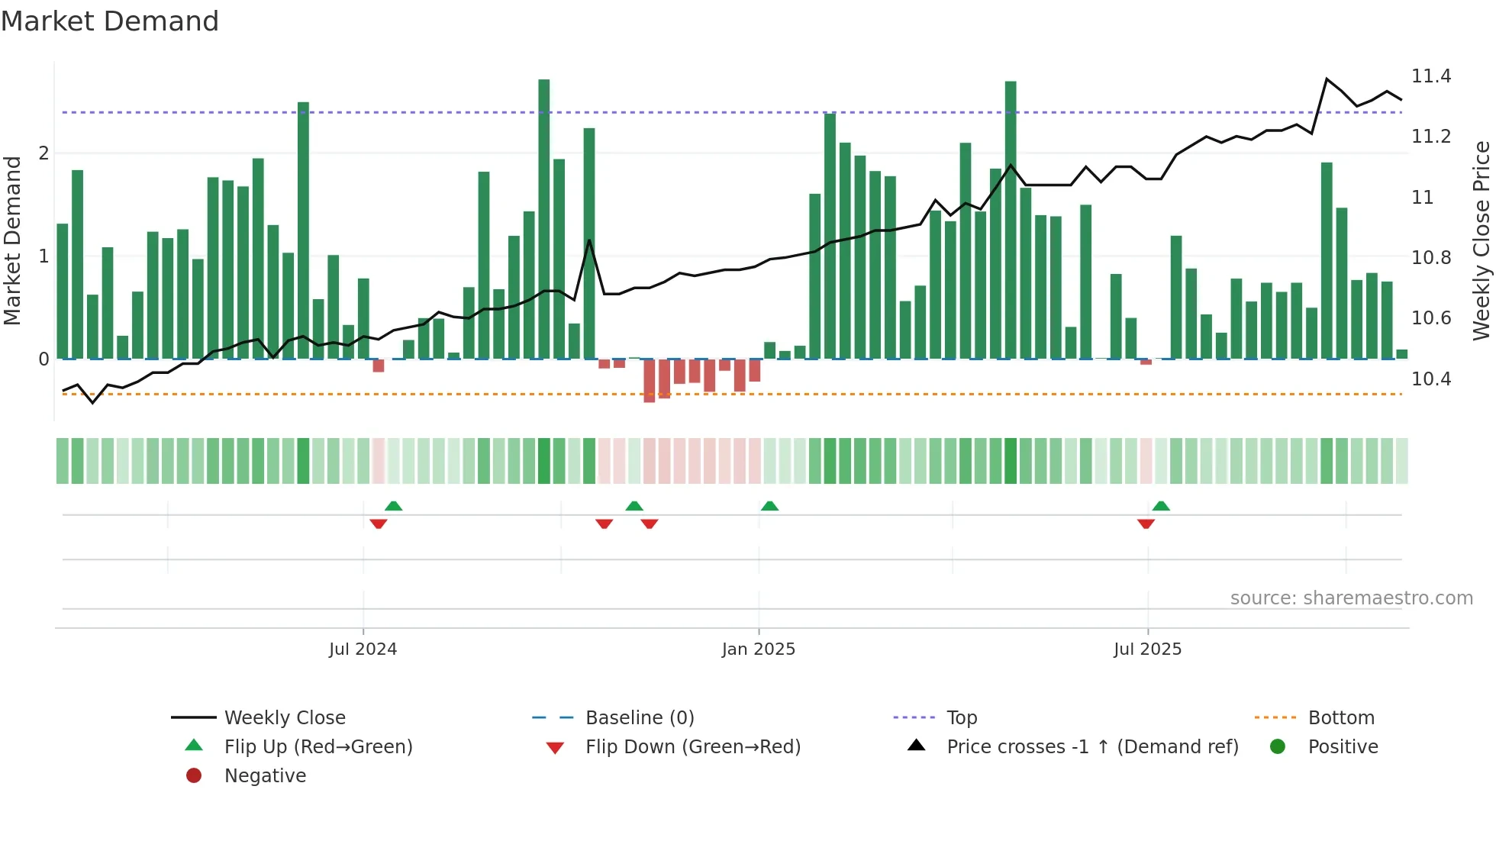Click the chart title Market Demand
[110, 21]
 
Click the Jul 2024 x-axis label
[363, 649]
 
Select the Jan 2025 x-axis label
[758, 649]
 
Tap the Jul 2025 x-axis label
[1147, 649]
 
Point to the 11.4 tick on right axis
[1431, 76]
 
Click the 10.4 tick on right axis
[1431, 379]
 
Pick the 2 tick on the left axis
[44, 153]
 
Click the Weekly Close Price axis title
[1481, 240]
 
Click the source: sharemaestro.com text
[1351, 598]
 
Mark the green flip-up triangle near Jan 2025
[769, 506]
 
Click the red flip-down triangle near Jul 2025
[1146, 524]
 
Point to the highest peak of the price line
[1327, 79]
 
